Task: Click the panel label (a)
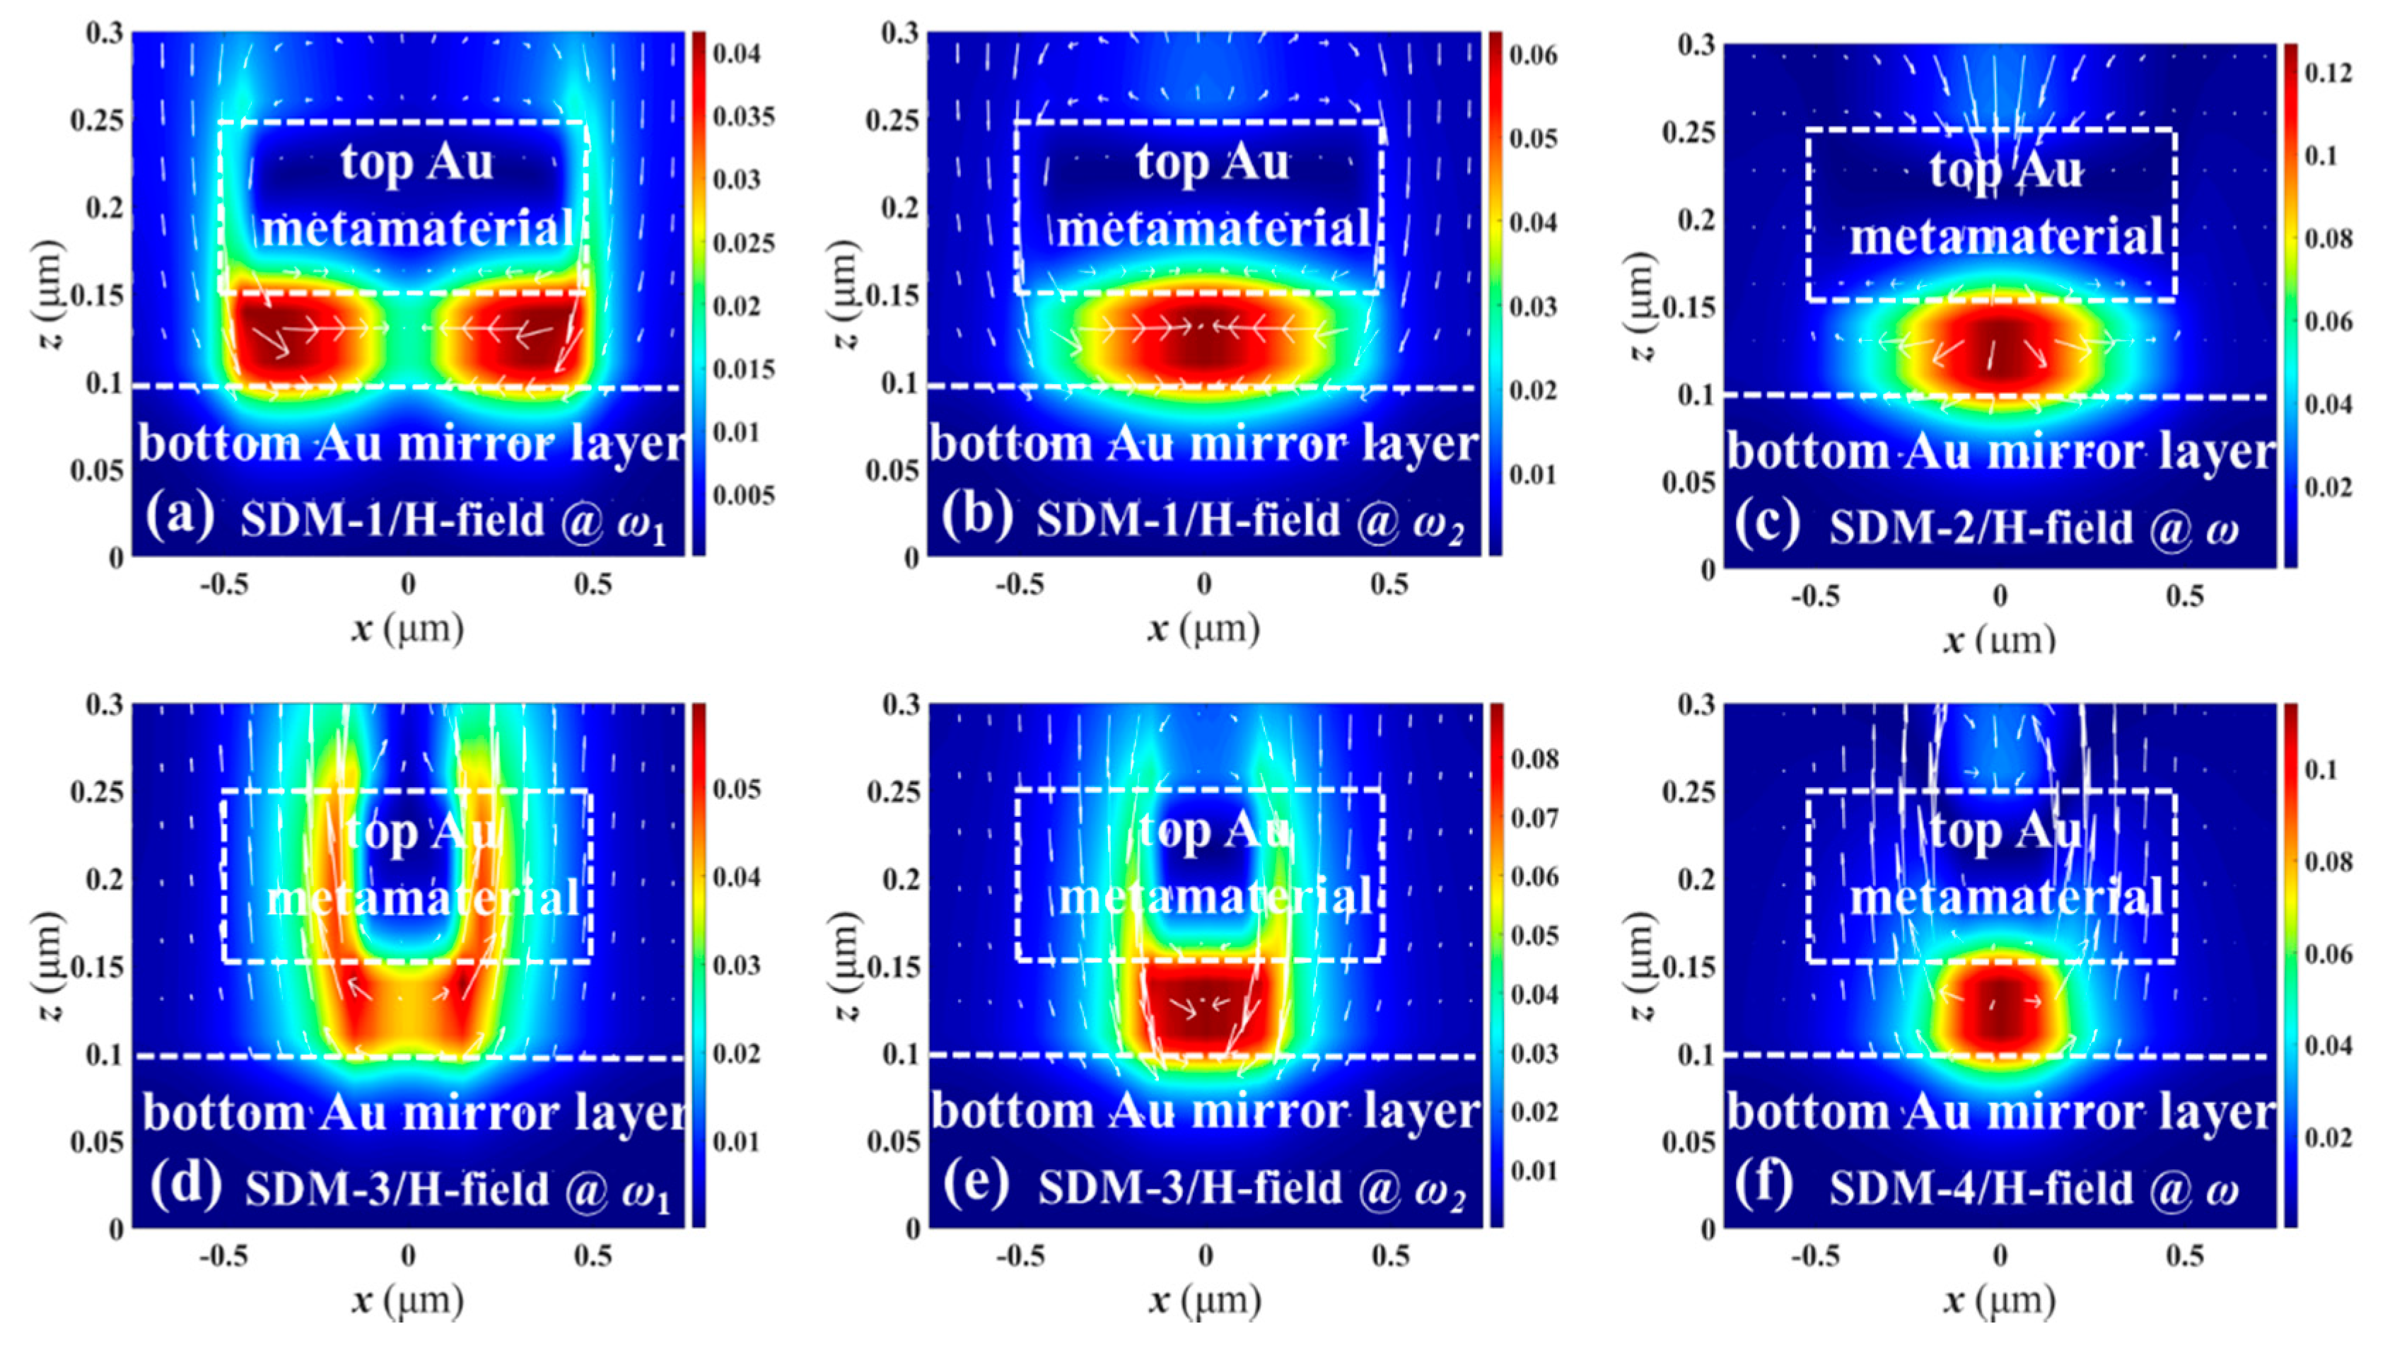180,515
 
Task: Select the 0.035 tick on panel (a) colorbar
743,117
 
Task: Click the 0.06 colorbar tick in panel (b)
1533,54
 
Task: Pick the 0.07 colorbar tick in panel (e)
1535,818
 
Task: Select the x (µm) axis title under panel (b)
1203,629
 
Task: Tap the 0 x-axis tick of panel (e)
1205,1256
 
